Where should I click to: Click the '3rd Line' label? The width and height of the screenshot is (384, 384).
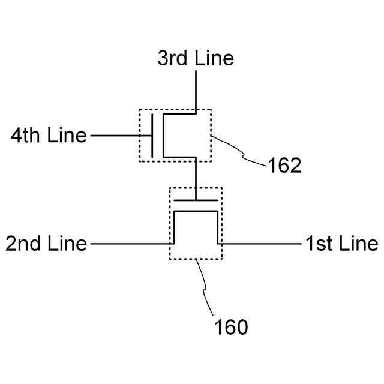(196, 59)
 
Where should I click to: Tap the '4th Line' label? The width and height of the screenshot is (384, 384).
(49, 136)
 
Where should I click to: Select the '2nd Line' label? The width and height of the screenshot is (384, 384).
(46, 244)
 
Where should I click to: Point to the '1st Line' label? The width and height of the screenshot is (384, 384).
(341, 244)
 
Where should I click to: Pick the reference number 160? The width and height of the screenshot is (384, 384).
(231, 328)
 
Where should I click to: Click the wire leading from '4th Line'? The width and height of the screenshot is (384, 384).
(120, 136)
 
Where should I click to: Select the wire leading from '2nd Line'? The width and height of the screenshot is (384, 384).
(129, 244)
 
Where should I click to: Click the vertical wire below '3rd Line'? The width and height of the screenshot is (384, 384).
(196, 90)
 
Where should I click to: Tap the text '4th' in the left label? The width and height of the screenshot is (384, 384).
(26, 136)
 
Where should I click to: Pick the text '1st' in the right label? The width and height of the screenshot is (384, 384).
(317, 244)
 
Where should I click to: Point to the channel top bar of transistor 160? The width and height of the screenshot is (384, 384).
(196, 212)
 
